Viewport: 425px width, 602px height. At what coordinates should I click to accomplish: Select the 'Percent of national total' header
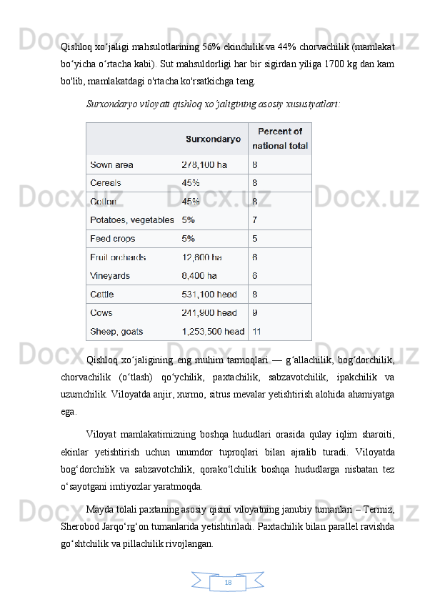point(280,138)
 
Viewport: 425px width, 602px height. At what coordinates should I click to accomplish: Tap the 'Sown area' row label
point(111,164)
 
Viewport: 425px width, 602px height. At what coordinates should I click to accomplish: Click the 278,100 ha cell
point(204,164)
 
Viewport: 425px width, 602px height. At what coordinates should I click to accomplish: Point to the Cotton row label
point(104,201)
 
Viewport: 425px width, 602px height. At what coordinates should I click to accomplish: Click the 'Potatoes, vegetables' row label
point(132,219)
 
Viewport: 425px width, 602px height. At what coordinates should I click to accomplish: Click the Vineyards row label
point(109,275)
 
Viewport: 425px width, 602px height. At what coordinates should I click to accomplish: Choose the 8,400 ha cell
point(199,275)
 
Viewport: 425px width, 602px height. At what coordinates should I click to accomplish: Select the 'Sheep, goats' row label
point(116,331)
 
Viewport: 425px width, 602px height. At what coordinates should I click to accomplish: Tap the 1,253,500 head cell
point(213,331)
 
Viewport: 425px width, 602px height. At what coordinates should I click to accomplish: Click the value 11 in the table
point(257,331)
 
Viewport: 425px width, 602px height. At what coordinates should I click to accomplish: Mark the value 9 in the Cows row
point(255,312)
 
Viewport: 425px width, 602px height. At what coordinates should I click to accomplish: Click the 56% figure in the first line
point(211,47)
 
